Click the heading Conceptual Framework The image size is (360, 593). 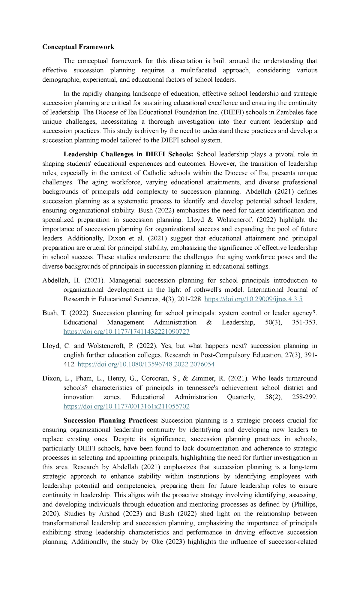click(78, 47)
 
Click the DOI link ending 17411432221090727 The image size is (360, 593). click(126, 332)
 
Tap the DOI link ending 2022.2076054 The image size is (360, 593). click(146, 364)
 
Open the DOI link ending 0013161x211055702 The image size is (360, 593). click(126, 406)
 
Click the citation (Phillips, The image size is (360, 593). click(304, 504)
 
